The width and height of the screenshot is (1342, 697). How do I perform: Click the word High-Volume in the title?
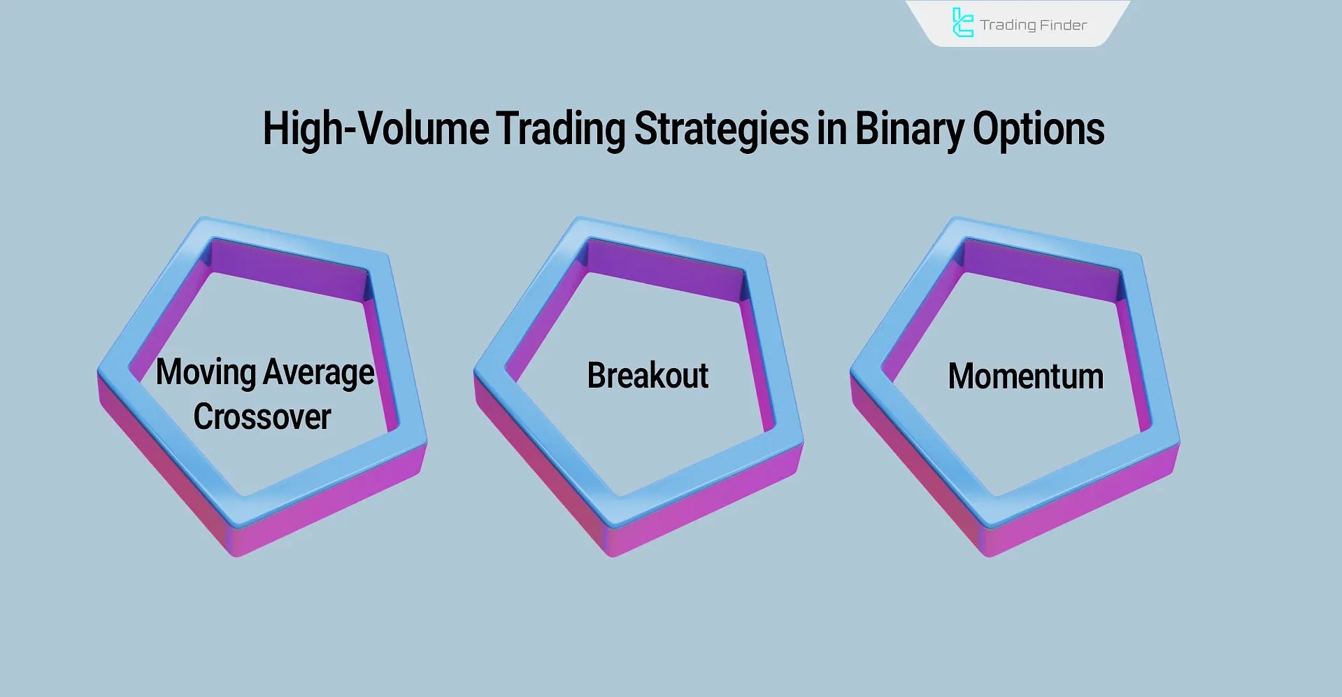pyautogui.click(x=376, y=129)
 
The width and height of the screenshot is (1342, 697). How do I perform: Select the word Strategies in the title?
pyautogui.click(x=720, y=129)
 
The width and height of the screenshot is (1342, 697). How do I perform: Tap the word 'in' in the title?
pyautogui.click(x=831, y=129)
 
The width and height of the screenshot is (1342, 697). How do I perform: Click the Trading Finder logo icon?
pyautogui.click(x=962, y=23)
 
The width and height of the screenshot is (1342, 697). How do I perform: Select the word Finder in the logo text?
pyautogui.click(x=1064, y=25)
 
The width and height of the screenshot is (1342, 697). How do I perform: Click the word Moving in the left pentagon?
pyautogui.click(x=206, y=372)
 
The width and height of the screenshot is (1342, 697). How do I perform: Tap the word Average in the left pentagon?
pyautogui.click(x=320, y=372)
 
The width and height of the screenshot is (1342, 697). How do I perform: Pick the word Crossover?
pyautogui.click(x=262, y=417)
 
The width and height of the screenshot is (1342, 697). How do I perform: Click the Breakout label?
pyautogui.click(x=648, y=376)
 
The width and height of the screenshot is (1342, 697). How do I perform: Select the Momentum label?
pyautogui.click(x=1025, y=376)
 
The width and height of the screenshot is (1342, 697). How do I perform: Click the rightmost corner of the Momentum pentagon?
pyautogui.click(x=1179, y=444)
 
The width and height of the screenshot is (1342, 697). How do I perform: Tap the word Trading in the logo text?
pyautogui.click(x=1008, y=25)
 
